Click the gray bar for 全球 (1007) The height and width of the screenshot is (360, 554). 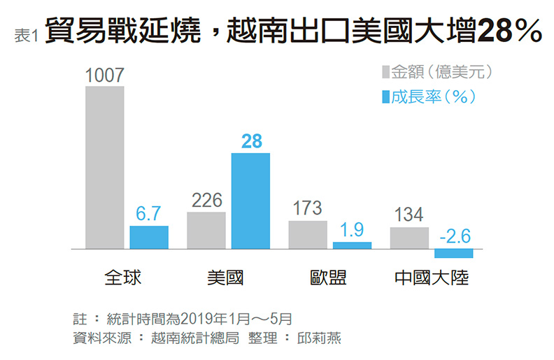click(104, 167)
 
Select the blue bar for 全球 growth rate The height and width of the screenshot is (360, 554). click(149, 237)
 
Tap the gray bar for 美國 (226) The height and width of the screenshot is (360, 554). click(206, 230)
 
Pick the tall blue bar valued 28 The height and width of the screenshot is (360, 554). click(250, 201)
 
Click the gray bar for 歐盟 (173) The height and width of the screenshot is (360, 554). click(307, 234)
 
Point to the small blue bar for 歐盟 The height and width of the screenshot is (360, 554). click(352, 245)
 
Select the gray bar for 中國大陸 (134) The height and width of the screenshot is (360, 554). click(409, 238)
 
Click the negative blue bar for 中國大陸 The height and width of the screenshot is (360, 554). click(453, 253)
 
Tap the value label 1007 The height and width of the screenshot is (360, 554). click(104, 75)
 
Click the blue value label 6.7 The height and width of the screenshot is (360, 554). click(149, 215)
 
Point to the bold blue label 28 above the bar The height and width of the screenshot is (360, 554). click(251, 141)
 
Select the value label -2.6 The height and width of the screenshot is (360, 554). click(453, 236)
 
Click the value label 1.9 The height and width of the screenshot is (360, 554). click(352, 231)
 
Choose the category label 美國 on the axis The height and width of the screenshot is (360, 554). click(226, 278)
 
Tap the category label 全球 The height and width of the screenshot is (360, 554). click(123, 278)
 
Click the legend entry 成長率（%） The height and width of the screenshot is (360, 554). click(432, 96)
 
